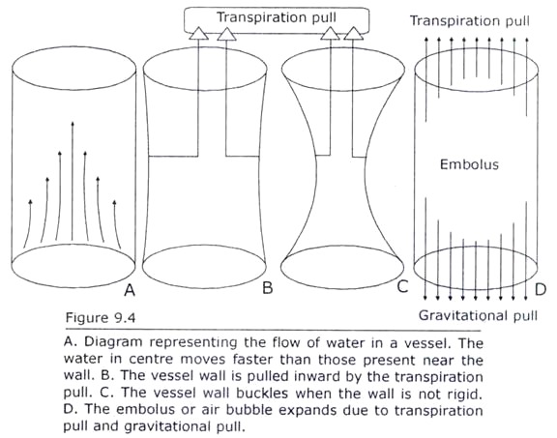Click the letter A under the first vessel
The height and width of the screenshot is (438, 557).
pos(130,291)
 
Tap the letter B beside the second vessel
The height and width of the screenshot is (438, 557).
pos(268,287)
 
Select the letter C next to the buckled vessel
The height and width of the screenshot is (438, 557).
pos(402,286)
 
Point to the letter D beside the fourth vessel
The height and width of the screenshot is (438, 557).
pos(541,289)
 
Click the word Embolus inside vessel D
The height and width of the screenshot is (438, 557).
pos(469,164)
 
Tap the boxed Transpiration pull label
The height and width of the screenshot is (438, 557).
pos(277,17)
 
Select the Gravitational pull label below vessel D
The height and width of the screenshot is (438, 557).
pos(478,315)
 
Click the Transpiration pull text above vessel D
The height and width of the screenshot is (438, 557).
pos(470,20)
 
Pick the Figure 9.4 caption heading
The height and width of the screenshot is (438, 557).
pos(101,317)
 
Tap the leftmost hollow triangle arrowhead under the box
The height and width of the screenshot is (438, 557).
pos(198,34)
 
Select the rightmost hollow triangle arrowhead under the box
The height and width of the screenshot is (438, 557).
pos(354,34)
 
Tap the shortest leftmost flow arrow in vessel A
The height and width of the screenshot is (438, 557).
pos(28,223)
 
